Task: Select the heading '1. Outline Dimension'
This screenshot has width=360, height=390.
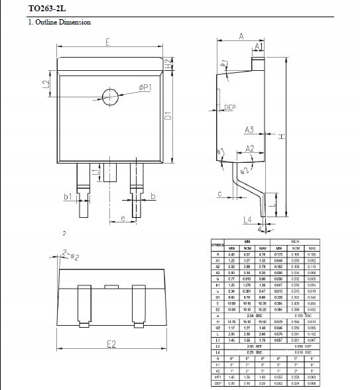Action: click(x=59, y=23)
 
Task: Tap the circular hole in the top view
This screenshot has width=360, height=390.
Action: click(x=110, y=95)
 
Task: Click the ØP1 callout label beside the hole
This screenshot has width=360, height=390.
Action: click(x=145, y=87)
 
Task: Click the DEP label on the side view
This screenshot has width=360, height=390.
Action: click(x=230, y=107)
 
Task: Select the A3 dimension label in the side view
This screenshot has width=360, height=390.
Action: click(x=249, y=129)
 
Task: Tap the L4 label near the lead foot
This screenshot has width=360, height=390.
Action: click(x=247, y=219)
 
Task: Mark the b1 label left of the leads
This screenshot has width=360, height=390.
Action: click(x=68, y=196)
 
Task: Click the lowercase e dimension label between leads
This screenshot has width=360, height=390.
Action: click(x=123, y=218)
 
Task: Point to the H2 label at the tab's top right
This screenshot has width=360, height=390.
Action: click(x=169, y=64)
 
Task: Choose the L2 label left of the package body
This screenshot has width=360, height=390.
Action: click(x=46, y=84)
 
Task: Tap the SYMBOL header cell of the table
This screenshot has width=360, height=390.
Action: click(x=217, y=245)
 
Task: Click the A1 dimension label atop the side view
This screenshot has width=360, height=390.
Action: click(x=258, y=46)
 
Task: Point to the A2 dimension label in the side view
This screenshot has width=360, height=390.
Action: click(x=250, y=149)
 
